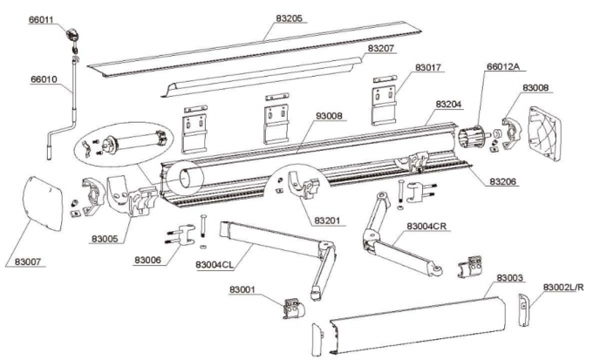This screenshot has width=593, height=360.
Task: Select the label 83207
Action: (380, 50)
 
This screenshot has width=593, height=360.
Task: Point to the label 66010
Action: (44, 78)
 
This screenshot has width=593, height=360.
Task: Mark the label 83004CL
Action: (214, 264)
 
